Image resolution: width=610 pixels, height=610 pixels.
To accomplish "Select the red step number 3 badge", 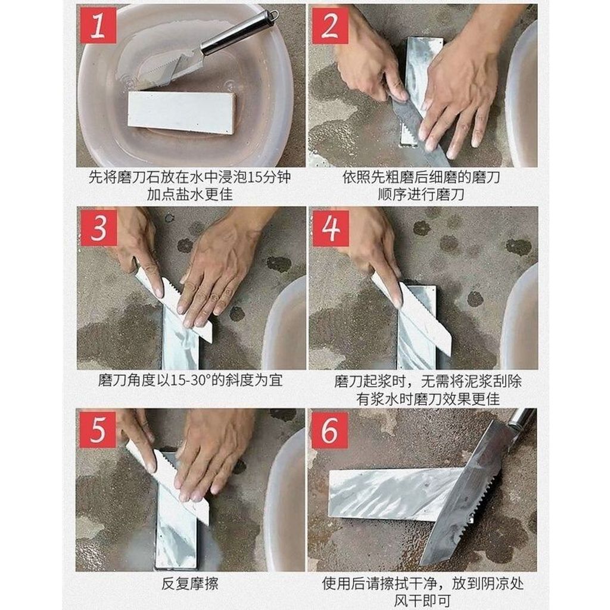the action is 98,228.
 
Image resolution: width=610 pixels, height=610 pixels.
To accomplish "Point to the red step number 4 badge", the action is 331,228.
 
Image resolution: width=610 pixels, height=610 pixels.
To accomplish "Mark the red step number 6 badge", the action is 329,430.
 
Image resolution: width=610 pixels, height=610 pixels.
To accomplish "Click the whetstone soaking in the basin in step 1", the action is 182,113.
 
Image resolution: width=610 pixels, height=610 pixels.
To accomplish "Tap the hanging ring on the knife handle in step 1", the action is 273,15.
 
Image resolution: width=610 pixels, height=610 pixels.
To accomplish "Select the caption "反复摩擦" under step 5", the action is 190,584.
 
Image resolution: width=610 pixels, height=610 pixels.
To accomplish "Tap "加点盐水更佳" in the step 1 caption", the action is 190,194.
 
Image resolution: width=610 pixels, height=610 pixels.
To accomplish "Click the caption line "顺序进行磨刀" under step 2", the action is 421,194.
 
